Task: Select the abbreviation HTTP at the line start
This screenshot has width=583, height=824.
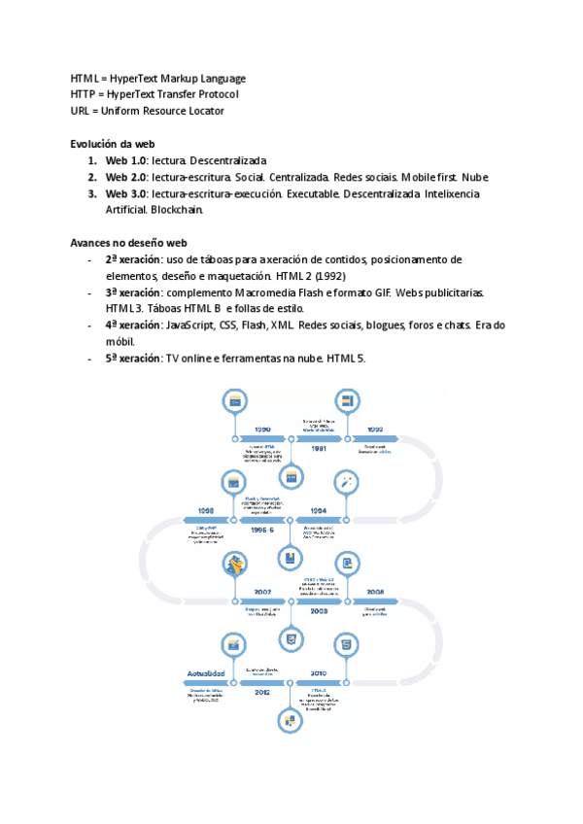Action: click(x=83, y=94)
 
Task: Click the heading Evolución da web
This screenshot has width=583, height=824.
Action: click(x=113, y=144)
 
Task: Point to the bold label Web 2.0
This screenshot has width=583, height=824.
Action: click(x=125, y=177)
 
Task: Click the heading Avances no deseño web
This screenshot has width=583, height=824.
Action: click(x=128, y=243)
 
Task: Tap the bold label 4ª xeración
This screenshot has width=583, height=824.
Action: click(x=133, y=326)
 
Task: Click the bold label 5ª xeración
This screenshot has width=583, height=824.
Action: click(x=133, y=359)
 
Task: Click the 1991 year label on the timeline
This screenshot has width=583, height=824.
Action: click(x=318, y=449)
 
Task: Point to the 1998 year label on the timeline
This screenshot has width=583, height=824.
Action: click(x=206, y=510)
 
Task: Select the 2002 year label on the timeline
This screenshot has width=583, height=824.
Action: click(x=262, y=591)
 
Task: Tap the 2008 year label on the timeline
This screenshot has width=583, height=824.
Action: click(x=374, y=591)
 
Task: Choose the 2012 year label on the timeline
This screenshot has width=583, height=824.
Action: click(x=262, y=693)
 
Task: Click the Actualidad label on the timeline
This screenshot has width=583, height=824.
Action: click(x=206, y=672)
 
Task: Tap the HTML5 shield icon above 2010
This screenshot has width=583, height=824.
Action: click(x=345, y=643)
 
